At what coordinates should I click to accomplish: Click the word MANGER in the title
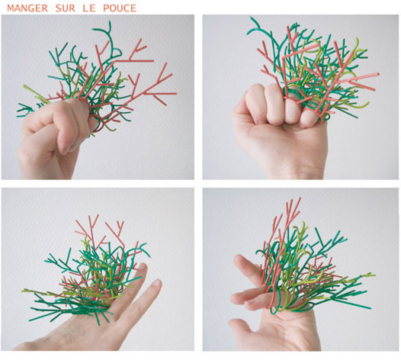pos(27,8)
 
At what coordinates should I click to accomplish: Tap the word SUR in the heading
pos(66,8)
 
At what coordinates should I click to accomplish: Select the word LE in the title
pos(89,8)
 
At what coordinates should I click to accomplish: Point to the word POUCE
pos(120,8)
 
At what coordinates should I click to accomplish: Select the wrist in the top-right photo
pos(294,168)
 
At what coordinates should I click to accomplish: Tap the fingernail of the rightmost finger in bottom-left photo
pos(157,284)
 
